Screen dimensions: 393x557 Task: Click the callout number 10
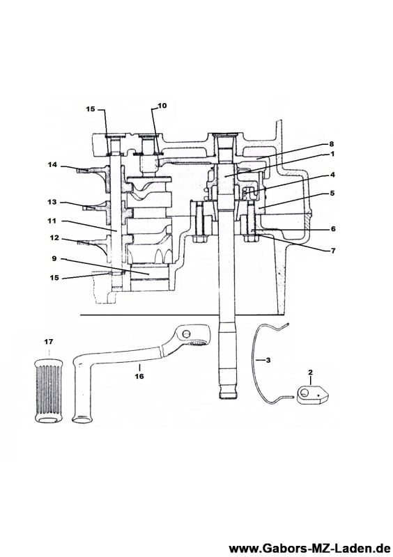[x=162, y=106]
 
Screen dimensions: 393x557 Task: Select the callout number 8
[x=332, y=144]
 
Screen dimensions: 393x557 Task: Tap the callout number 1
[x=332, y=154]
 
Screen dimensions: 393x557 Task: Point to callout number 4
[x=332, y=175]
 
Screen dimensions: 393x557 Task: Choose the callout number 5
[x=332, y=194]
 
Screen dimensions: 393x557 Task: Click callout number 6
[x=333, y=229]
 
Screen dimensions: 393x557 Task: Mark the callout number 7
[x=333, y=251]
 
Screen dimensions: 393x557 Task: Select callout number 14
[x=53, y=164]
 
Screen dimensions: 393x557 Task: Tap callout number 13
[x=52, y=202]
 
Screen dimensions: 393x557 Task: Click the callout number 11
[x=52, y=221]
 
